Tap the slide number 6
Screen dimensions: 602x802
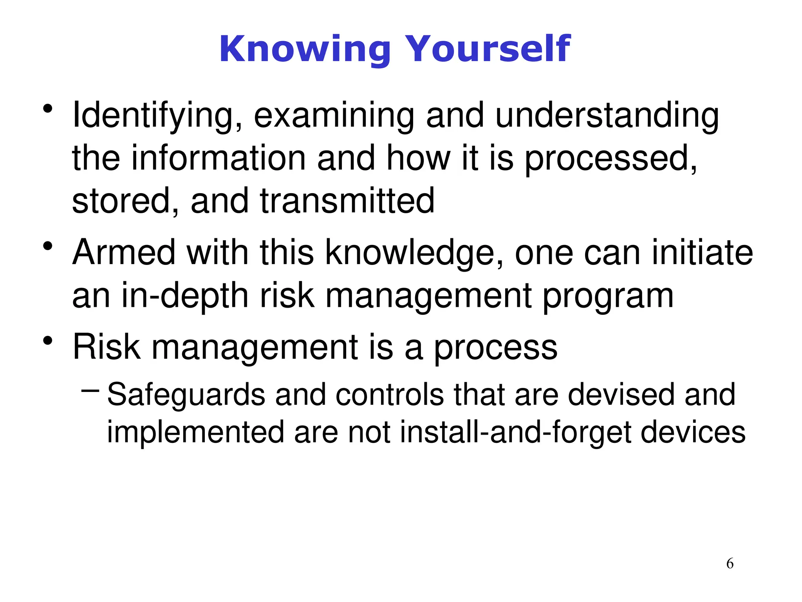730,564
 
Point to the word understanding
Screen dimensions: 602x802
607,116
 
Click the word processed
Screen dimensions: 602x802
611,159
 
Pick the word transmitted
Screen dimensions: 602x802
347,201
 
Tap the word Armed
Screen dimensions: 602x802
124,253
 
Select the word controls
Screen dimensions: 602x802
389,395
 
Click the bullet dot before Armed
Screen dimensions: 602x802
48,247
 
